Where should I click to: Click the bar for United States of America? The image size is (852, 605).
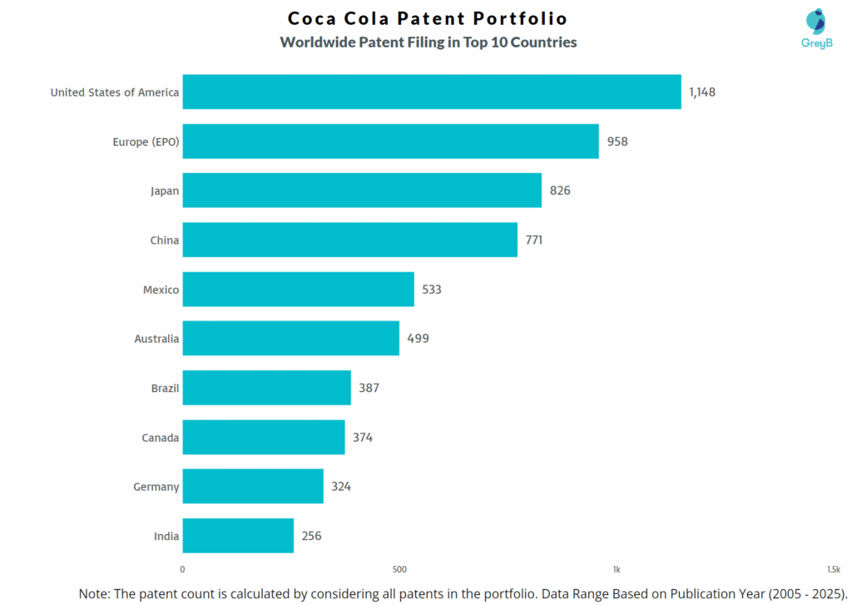point(431,92)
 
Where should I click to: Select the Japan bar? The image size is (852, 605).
point(362,191)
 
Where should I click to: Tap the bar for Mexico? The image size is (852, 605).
point(298,290)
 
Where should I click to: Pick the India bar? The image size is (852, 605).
point(238,536)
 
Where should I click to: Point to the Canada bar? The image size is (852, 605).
point(264,437)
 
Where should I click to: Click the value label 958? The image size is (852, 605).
point(617,141)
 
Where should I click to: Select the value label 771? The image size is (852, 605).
point(534,241)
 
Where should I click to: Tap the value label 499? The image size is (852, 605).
point(418,339)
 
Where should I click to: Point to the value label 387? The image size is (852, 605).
point(369,388)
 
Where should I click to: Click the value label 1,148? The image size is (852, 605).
point(701,92)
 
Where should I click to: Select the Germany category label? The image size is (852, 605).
point(156,487)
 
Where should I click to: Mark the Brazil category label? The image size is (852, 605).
point(165,388)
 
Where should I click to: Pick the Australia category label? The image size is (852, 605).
point(156,339)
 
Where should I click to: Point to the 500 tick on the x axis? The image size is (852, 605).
point(399,570)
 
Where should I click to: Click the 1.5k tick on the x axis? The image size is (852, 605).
point(833,570)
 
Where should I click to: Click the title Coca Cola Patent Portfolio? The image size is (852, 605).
point(428,18)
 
